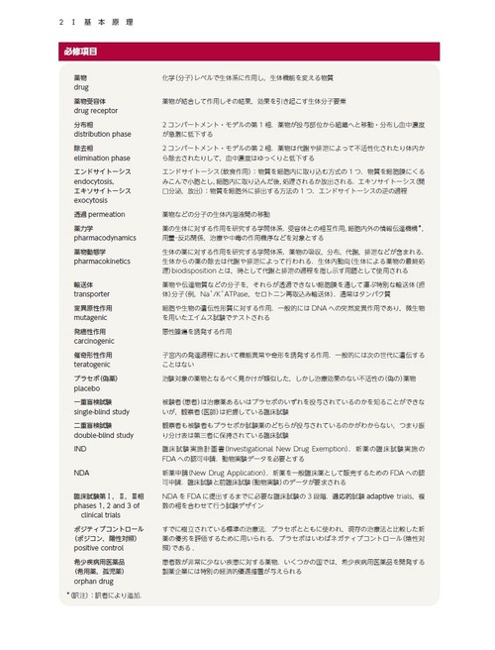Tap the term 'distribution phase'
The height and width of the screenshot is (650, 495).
pyautogui.click(x=102, y=133)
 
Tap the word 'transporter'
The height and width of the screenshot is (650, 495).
pyautogui.click(x=92, y=293)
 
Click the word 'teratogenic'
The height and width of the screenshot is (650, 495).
pyautogui.click(x=94, y=364)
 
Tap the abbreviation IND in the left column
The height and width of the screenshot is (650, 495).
pyautogui.click(x=79, y=447)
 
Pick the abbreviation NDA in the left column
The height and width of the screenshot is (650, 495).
pyautogui.click(x=80, y=471)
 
